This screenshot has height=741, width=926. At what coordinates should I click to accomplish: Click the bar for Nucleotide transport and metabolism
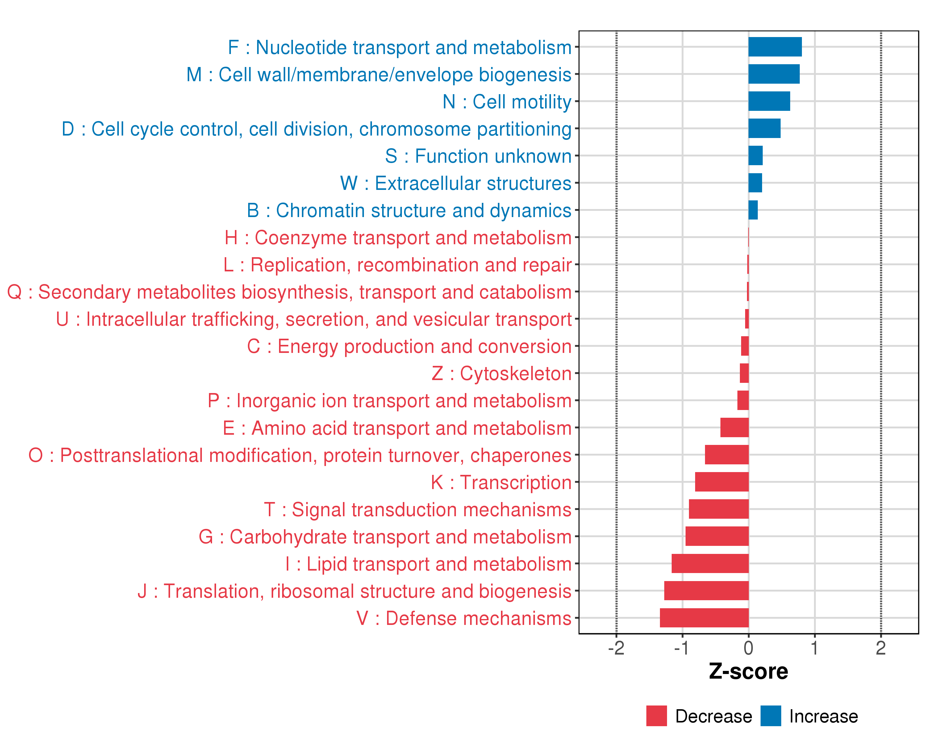click(x=775, y=47)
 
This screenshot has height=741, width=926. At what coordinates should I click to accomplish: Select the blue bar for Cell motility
click(x=769, y=101)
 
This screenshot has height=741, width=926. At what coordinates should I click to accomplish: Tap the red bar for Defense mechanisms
click(x=704, y=618)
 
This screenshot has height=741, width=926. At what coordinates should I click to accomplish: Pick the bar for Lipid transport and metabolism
click(x=710, y=563)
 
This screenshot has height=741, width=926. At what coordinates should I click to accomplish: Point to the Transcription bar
click(x=722, y=482)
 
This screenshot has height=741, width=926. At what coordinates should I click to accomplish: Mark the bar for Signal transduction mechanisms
click(x=719, y=509)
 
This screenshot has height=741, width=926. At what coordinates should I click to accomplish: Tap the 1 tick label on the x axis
click(x=814, y=648)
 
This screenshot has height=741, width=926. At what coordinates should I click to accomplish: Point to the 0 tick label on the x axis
click(x=748, y=648)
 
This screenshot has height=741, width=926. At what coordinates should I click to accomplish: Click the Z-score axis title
click(x=748, y=672)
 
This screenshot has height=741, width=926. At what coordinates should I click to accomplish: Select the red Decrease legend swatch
click(x=656, y=716)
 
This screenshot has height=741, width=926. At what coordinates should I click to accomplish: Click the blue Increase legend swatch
click(x=770, y=716)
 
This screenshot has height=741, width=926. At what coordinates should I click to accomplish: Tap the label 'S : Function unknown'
click(x=478, y=156)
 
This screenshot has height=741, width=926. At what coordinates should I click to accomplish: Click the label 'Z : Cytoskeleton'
click(x=501, y=373)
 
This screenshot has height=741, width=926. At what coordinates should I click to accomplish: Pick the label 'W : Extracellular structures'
click(x=456, y=183)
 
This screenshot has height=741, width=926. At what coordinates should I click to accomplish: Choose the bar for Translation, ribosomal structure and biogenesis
click(x=706, y=591)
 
